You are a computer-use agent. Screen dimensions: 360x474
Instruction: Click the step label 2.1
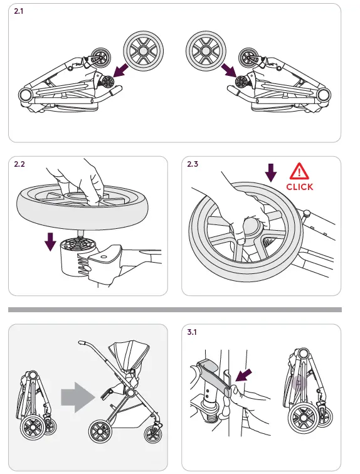tap(18, 11)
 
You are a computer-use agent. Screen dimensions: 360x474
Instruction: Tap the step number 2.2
tap(19, 164)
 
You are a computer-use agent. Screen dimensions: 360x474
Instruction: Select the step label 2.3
tap(193, 164)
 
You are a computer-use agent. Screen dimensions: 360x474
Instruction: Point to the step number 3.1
tap(192, 332)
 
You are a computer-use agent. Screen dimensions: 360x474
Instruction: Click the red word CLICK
tap(300, 187)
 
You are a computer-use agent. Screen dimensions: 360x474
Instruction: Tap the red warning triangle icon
tap(299, 171)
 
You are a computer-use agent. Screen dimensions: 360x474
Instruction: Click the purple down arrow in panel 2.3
tap(271, 173)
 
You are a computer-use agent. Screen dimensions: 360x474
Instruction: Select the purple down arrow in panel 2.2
tap(50, 242)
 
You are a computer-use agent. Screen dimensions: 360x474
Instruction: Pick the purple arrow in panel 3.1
tap(243, 375)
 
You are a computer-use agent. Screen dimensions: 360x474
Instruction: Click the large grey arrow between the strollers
tap(78, 398)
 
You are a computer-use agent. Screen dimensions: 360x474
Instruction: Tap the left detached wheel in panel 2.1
tap(143, 51)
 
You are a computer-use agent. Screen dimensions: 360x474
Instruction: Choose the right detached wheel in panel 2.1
tap(206, 51)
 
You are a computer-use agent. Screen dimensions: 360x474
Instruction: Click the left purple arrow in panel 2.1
tap(120, 70)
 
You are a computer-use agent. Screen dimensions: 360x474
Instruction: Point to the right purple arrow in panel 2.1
tap(229, 70)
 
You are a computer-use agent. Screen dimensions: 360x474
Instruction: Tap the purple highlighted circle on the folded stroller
tap(299, 383)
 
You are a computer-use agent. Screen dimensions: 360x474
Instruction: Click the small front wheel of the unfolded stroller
tap(153, 434)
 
